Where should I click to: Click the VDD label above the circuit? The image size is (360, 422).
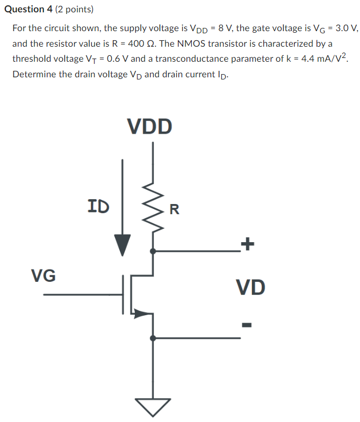pyautogui.click(x=150, y=126)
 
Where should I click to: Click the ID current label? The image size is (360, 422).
pyautogui.click(x=98, y=206)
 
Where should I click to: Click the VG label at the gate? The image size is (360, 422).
pyautogui.click(x=43, y=276)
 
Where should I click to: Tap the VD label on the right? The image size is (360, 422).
pyautogui.click(x=250, y=288)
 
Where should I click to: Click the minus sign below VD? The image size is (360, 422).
pyautogui.click(x=247, y=324)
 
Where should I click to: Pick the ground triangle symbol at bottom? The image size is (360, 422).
pyautogui.click(x=153, y=406)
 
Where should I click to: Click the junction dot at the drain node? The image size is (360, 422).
pyautogui.click(x=153, y=251)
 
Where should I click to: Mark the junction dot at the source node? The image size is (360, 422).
pyautogui.click(x=153, y=338)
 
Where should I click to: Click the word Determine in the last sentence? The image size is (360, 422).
pyautogui.click(x=34, y=74)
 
